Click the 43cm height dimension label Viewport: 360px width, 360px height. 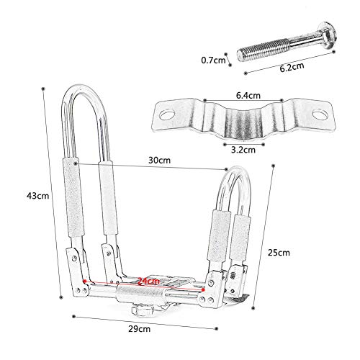[37, 196]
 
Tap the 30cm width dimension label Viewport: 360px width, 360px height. [159, 160]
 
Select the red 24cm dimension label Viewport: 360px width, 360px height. [148, 281]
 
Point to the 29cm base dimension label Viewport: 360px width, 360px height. [140, 329]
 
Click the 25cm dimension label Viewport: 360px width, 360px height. [279, 253]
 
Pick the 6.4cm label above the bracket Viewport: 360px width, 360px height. [248, 96]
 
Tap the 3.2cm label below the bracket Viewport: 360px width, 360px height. [243, 150]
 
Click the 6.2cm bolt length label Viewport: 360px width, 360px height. [292, 67]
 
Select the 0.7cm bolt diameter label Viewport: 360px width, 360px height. [213, 60]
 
